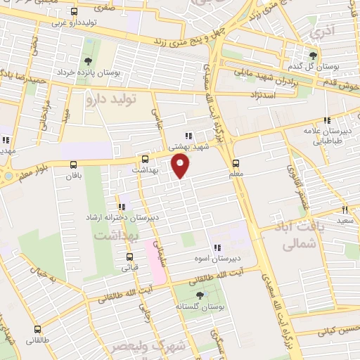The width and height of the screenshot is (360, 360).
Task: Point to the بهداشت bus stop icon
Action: [145, 159]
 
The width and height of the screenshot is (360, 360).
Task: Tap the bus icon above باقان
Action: [74, 165]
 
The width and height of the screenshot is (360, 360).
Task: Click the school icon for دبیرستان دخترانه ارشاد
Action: [122, 207]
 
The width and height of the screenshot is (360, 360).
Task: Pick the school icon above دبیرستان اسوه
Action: [217, 247]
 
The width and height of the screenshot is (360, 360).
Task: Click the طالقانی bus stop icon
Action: [37, 328]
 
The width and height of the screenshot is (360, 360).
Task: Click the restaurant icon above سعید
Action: [345, 209]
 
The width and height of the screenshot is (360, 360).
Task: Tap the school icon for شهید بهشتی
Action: [188, 136]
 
